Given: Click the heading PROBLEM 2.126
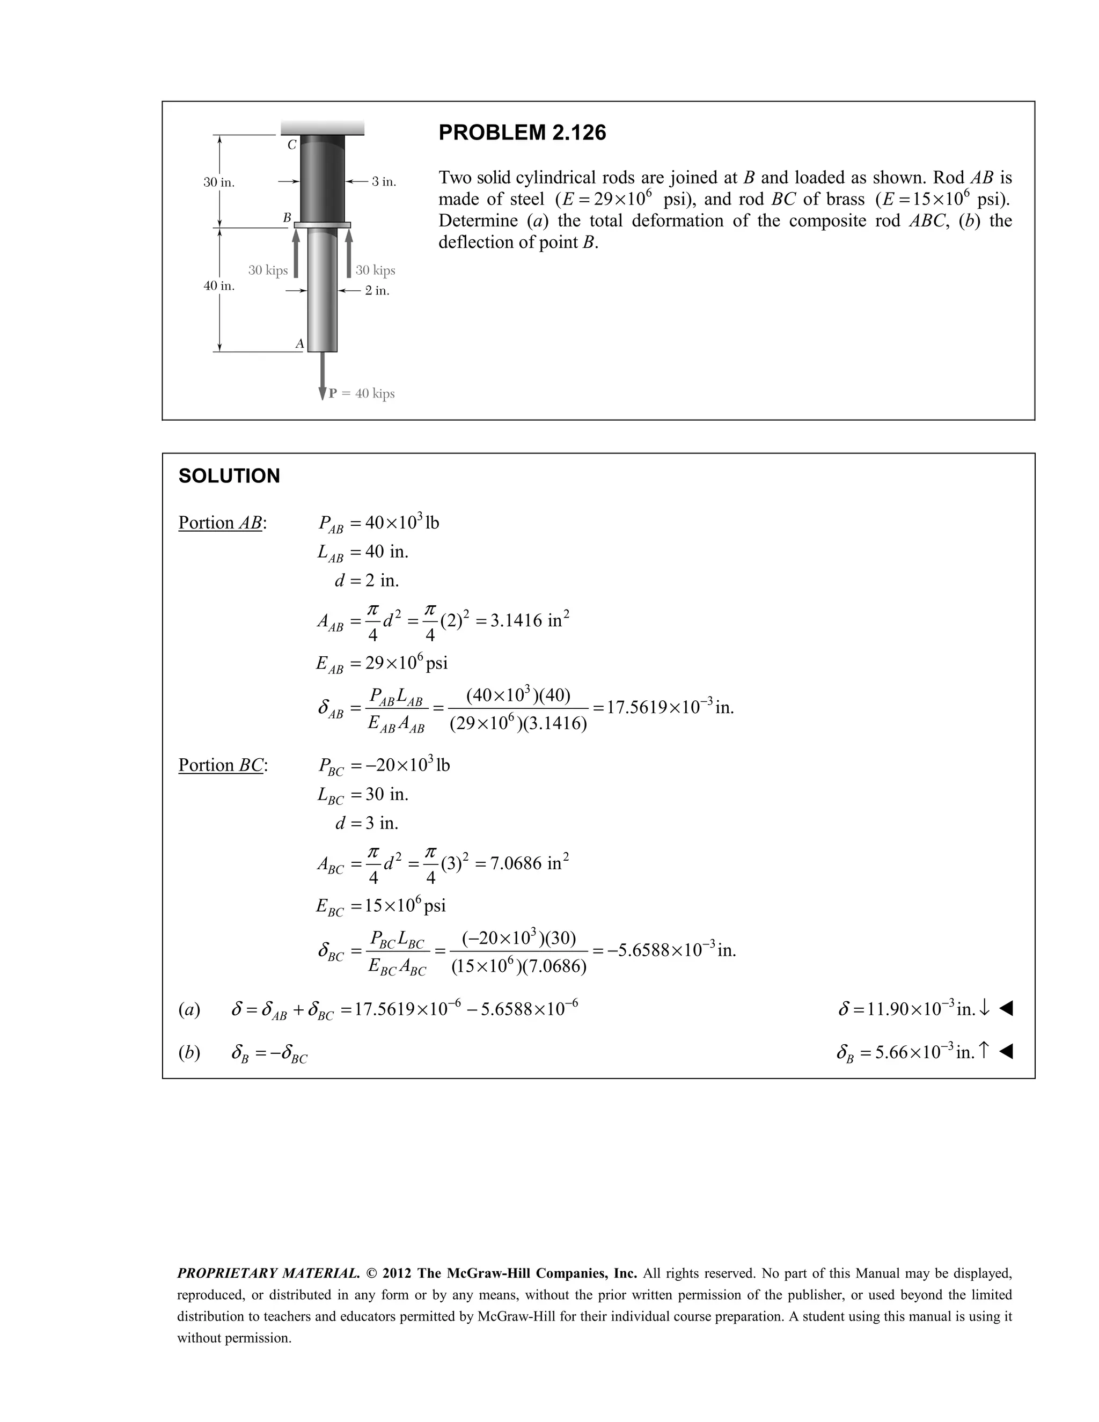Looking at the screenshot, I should tap(522, 133).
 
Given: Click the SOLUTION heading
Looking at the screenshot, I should tap(229, 476).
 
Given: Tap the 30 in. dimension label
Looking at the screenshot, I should tap(219, 182).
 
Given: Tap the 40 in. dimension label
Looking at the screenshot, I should tap(219, 286).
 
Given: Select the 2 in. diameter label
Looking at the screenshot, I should tap(377, 290).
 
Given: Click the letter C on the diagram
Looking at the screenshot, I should tap(292, 145).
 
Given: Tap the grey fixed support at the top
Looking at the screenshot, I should tap(323, 128).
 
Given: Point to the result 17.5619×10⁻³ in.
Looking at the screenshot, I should tap(670, 707).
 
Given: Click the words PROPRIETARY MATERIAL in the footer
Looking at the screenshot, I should tap(268, 1273).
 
